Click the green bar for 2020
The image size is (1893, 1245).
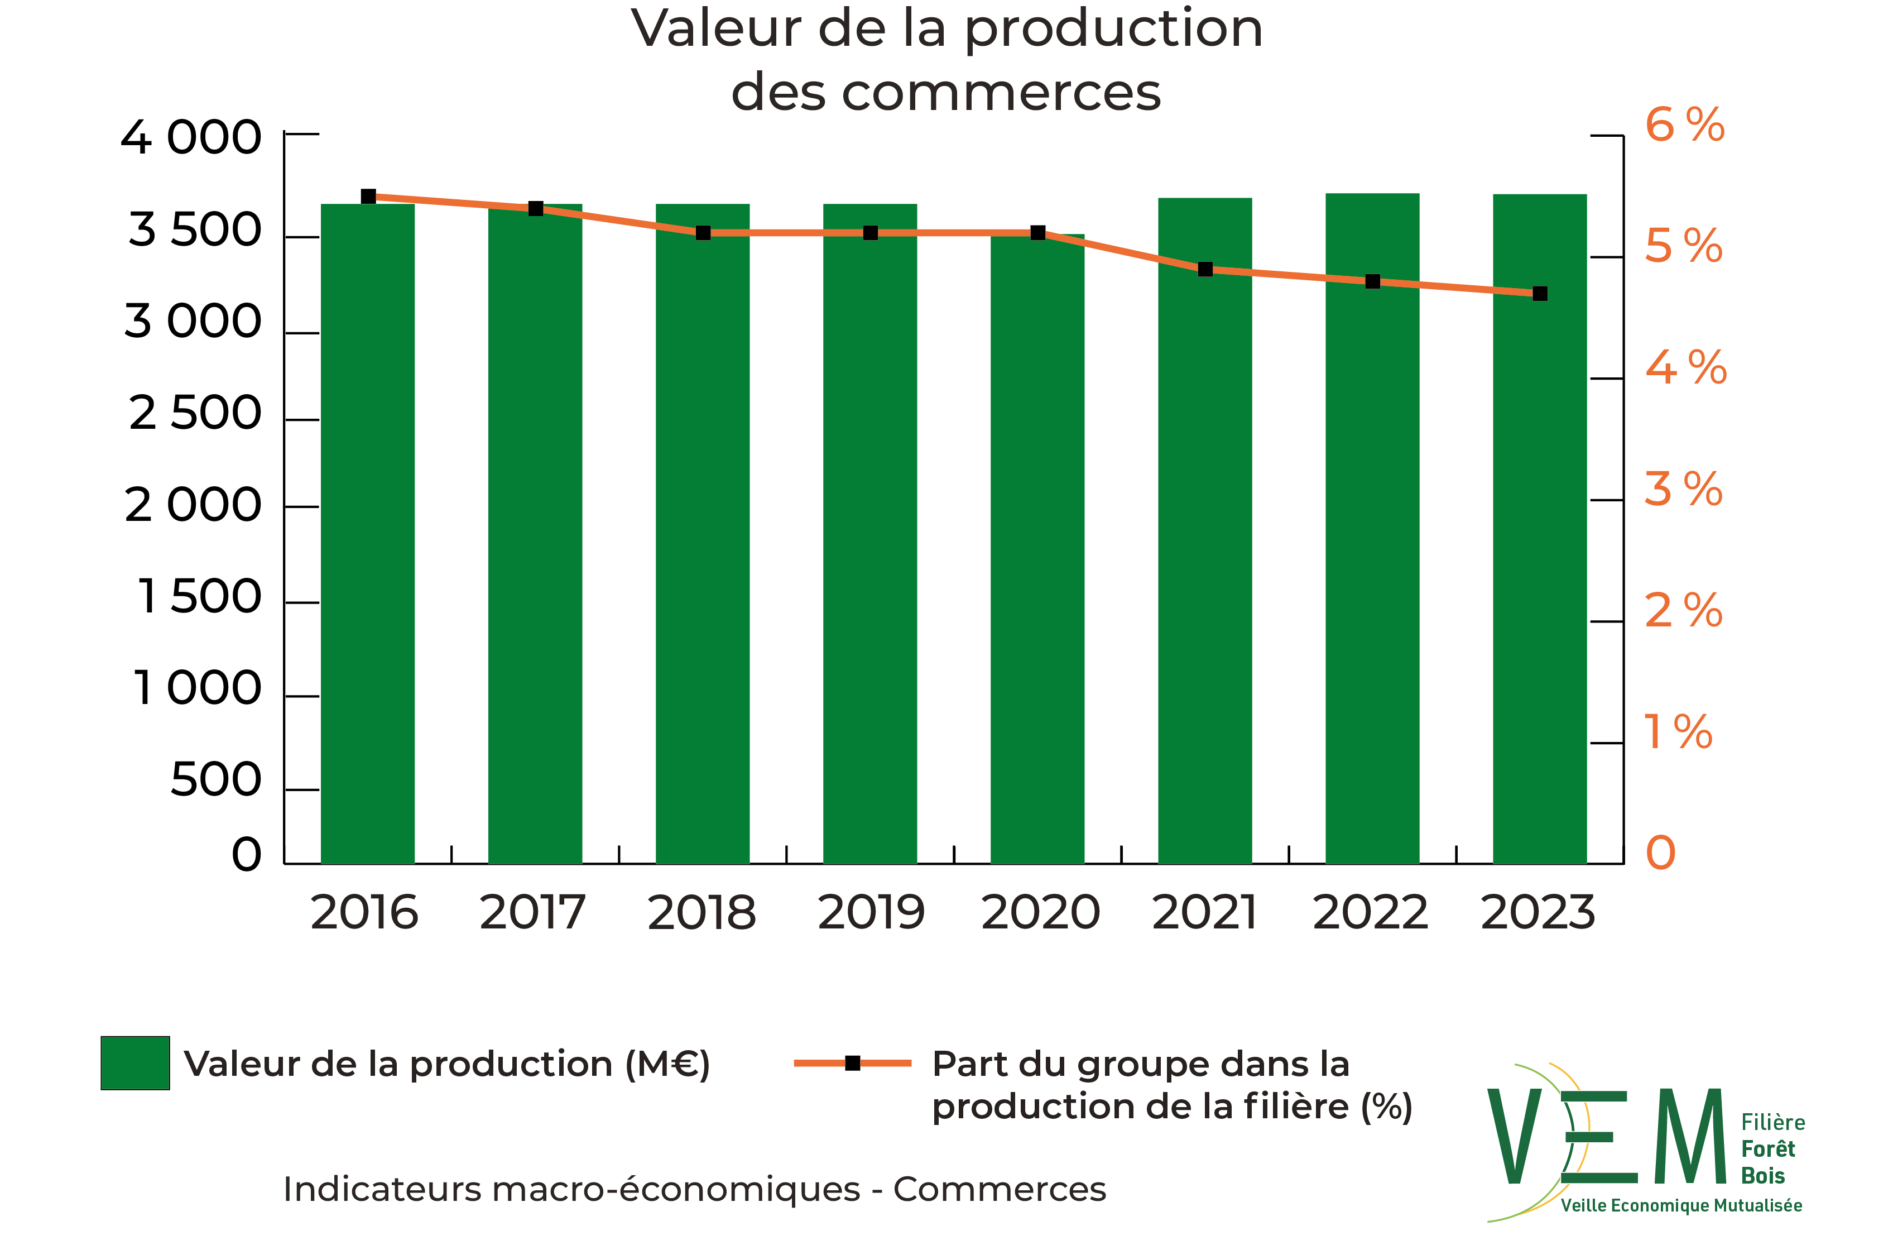(x=1037, y=549)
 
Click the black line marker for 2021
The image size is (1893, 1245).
(x=1205, y=270)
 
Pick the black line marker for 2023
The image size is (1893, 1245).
(x=1540, y=294)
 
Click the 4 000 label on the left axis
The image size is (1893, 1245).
(x=191, y=138)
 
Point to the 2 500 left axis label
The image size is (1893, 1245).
(x=195, y=413)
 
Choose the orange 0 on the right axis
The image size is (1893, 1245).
(x=1661, y=853)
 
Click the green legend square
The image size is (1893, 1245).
(x=135, y=1063)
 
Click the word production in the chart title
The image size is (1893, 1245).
(x=1113, y=28)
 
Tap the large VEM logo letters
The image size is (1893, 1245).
(x=1607, y=1138)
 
